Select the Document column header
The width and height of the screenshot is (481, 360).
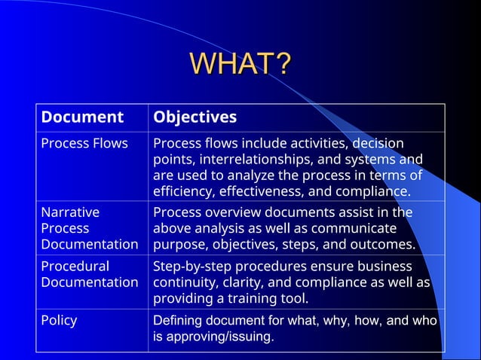coord(82,117)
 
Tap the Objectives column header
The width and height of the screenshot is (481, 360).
coord(195,117)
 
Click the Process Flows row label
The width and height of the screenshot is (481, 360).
coord(84,143)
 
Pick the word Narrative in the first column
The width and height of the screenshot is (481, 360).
coord(70,212)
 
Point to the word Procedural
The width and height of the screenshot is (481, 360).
coord(75,266)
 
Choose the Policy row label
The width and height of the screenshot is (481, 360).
coord(59,320)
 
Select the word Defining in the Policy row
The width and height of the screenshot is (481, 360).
coord(178,320)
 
